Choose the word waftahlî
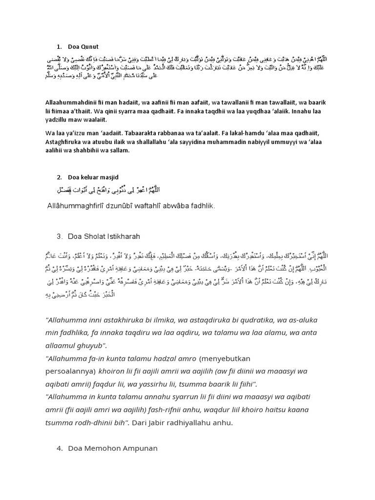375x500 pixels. pos(161,206)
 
